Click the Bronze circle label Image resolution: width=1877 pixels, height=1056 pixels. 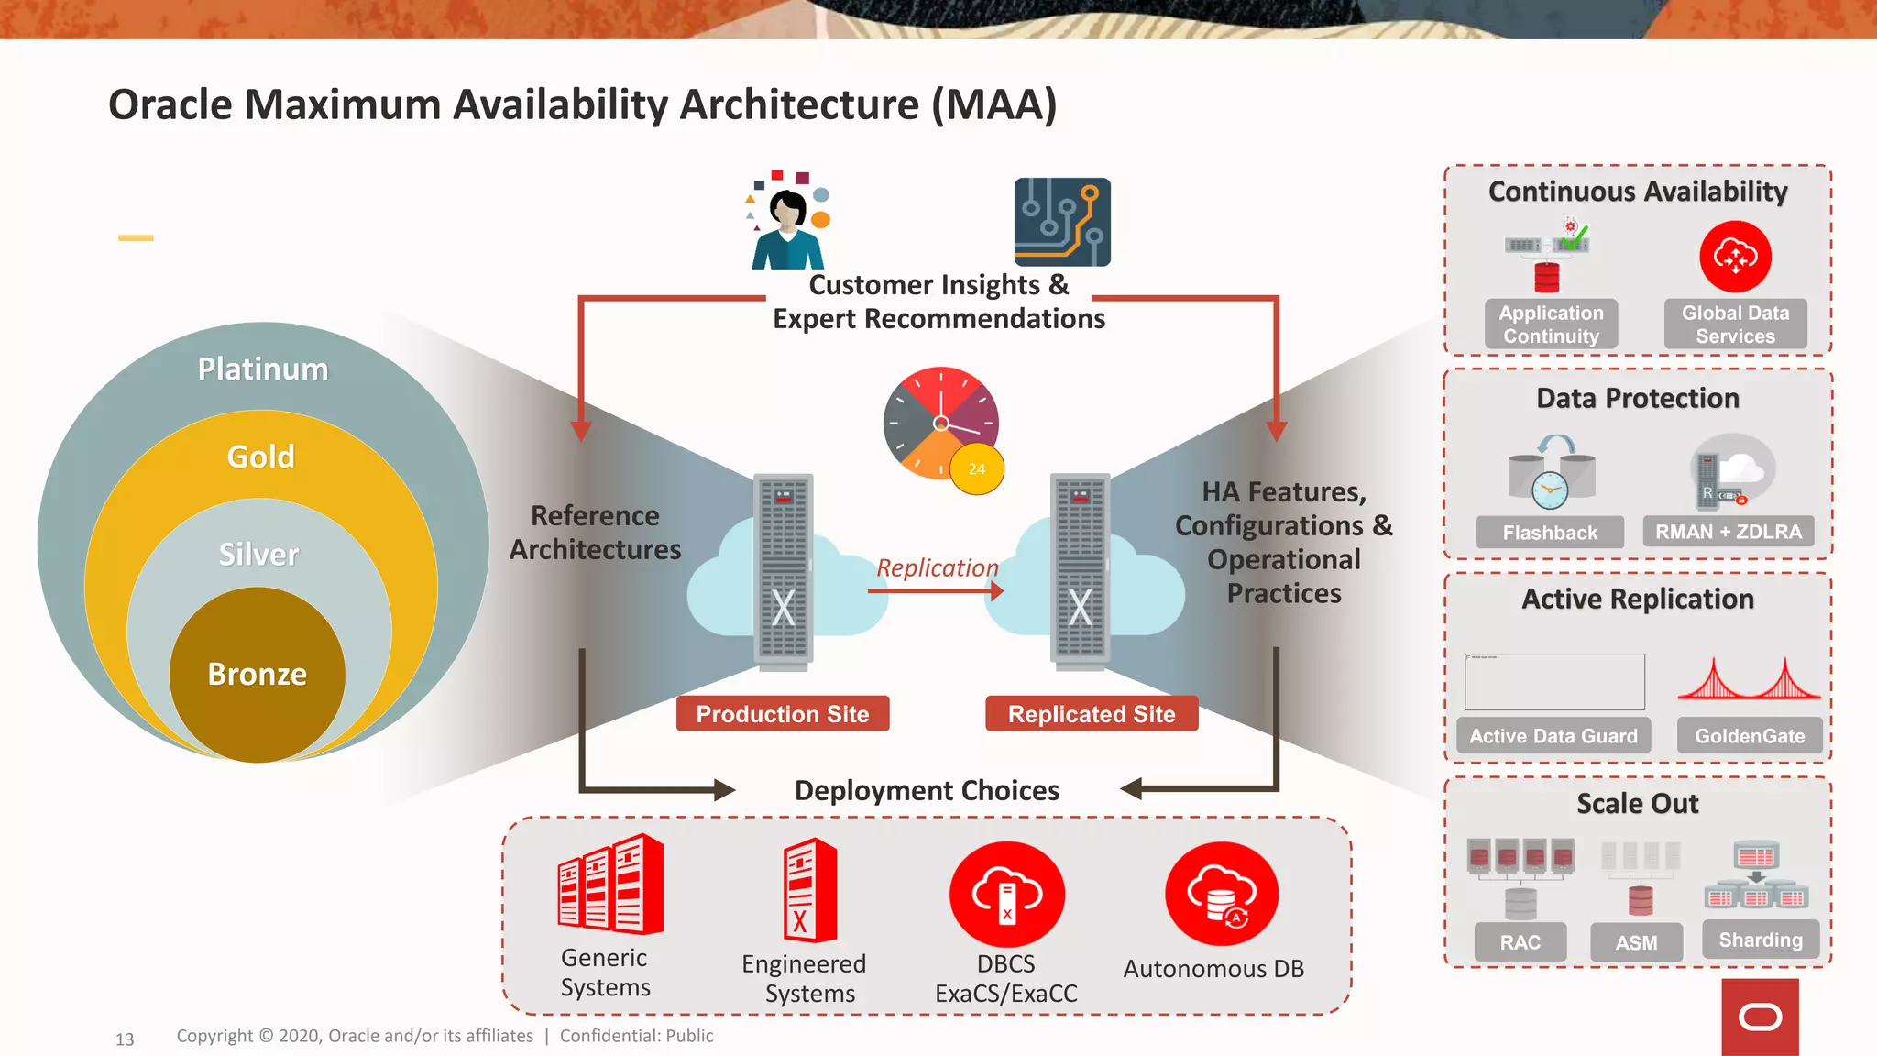point(258,674)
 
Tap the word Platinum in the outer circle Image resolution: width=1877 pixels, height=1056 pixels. point(263,368)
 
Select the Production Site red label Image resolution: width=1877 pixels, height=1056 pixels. point(783,714)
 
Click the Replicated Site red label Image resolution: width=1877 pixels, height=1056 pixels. point(1092,714)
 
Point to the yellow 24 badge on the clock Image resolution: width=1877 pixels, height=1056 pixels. point(977,468)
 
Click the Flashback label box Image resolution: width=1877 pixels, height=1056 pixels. point(1550,533)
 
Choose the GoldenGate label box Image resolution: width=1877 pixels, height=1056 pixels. point(1750,736)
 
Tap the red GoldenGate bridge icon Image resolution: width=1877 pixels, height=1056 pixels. point(1749,680)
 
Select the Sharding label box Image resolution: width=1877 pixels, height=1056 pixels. point(1761,940)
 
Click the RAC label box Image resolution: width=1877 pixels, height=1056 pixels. point(1520,942)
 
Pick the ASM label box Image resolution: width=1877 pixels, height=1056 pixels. point(1637,942)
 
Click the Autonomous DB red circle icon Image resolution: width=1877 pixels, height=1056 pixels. point(1222,894)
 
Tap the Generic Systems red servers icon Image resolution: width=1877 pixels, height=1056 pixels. point(610,885)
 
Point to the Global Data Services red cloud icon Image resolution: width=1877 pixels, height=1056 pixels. point(1735,257)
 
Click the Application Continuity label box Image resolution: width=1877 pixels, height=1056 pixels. point(1551,324)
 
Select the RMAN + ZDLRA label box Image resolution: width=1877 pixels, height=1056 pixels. point(1729,532)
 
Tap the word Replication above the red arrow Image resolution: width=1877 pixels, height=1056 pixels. point(937,568)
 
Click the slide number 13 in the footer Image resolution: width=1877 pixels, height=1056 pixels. point(125,1039)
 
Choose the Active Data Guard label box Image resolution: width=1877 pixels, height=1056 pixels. point(1553,736)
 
